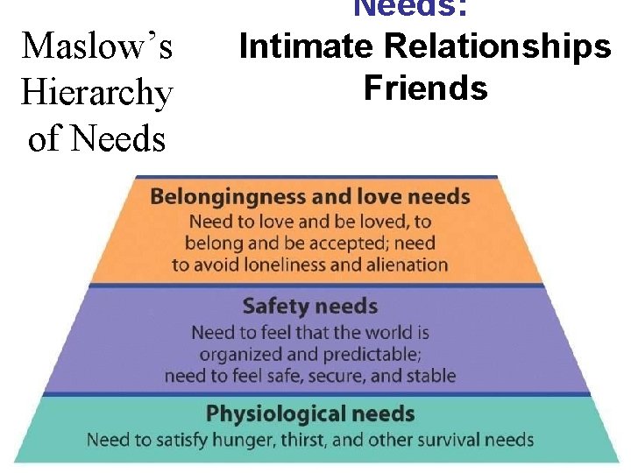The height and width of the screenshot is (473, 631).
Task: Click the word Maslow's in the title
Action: coord(97,46)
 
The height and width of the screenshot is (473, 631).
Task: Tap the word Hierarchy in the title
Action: coord(97,92)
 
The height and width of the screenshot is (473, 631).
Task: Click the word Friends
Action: coord(425,88)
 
